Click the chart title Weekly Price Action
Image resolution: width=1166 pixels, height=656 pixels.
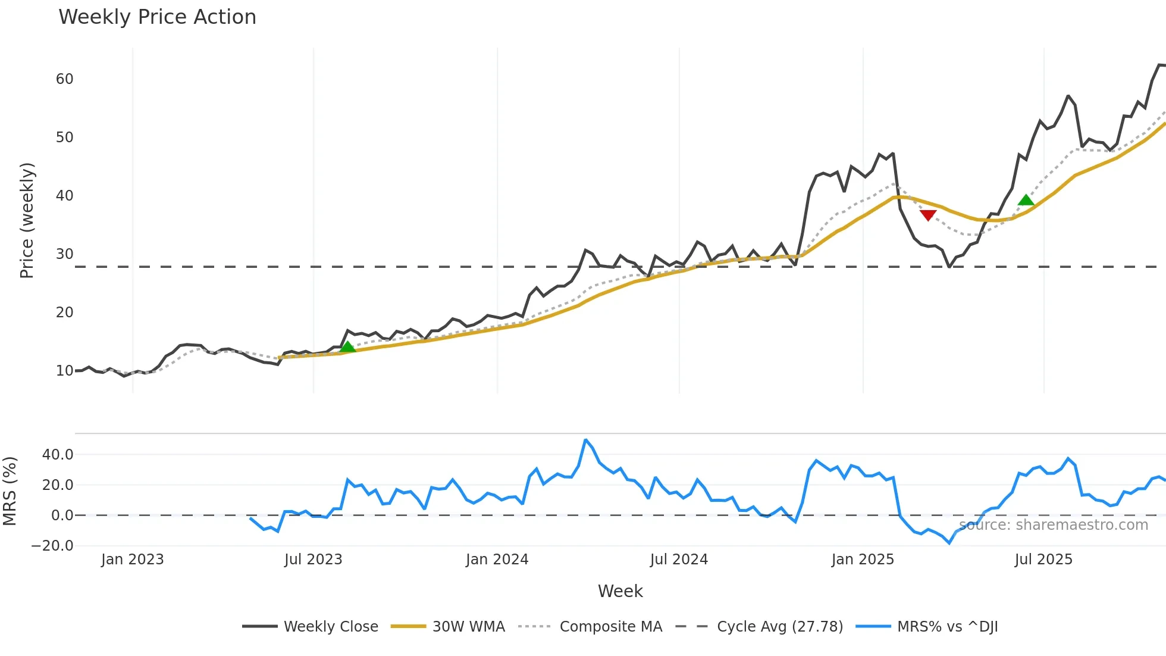coord(157,17)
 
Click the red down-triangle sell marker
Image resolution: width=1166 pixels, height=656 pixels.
coord(928,215)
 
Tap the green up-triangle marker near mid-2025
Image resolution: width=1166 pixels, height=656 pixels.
coord(1026,200)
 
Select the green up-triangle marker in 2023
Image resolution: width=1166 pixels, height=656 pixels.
coord(347,346)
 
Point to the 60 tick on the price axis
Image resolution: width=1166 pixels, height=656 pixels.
coord(64,79)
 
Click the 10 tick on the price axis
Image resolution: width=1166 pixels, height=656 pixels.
coord(64,371)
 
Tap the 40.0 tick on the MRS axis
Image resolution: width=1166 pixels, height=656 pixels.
coord(58,455)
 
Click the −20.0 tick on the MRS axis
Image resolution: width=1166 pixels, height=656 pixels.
coord(52,546)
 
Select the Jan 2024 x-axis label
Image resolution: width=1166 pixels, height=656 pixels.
coord(497,560)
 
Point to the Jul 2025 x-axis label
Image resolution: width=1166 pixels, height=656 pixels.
coord(1043,560)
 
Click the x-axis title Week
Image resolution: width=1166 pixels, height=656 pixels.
coord(620,591)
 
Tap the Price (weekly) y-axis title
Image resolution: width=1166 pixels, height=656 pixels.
coord(27,220)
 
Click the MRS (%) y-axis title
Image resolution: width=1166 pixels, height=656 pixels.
coord(10,491)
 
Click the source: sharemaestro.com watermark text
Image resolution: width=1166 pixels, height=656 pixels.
coord(1054,525)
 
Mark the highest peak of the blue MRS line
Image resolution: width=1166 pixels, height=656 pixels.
coord(586,440)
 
